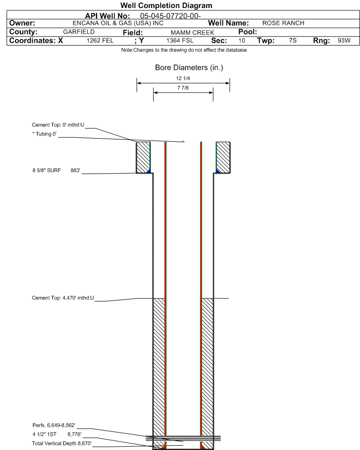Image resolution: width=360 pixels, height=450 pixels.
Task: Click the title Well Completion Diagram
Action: click(166, 5)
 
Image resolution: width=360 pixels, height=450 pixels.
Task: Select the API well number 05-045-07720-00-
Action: click(170, 16)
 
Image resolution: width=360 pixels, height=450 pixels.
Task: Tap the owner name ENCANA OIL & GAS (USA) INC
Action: click(118, 23)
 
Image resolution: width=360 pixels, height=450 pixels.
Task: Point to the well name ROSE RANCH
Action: click(283, 23)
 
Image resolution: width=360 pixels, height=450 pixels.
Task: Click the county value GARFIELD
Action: click(79, 32)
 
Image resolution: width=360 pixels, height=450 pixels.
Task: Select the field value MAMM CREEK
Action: click(193, 33)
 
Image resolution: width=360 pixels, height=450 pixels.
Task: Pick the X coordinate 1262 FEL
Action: click(100, 40)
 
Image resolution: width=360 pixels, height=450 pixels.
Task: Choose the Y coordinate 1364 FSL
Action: click(180, 40)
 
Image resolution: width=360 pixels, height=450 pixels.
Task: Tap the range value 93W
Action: click(344, 40)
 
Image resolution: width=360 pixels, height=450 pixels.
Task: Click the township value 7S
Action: click(293, 40)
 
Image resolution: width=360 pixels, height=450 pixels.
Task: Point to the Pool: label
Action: click(248, 32)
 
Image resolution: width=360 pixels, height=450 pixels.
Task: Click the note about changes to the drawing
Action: click(184, 50)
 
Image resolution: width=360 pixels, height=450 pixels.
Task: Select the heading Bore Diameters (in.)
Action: click(189, 68)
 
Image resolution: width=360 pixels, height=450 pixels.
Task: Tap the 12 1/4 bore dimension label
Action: click(183, 78)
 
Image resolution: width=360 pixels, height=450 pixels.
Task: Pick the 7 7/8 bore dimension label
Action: click(183, 88)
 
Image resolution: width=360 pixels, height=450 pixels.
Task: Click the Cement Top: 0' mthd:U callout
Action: click(58, 125)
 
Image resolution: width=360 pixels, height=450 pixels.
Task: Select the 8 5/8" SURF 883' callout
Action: click(56, 170)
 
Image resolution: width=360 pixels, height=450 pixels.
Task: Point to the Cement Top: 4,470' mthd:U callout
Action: click(63, 298)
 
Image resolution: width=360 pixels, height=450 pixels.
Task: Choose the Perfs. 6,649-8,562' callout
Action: click(54, 425)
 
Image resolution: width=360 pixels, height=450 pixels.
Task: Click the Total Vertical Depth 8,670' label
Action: click(62, 443)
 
